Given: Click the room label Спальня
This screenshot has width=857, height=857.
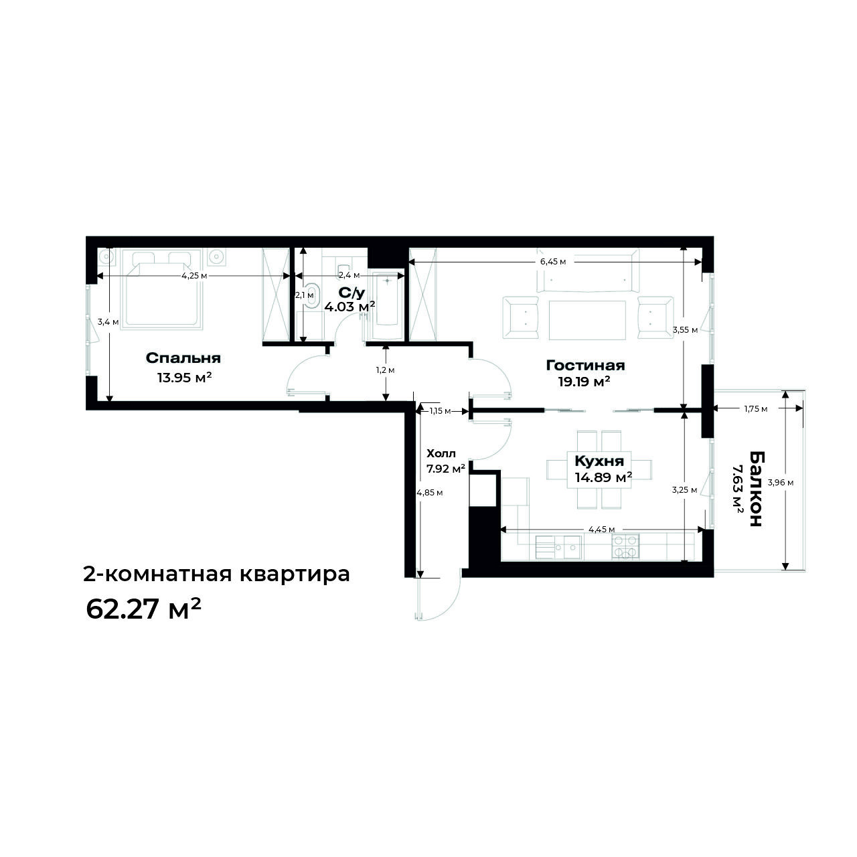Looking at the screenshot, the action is click(x=183, y=358).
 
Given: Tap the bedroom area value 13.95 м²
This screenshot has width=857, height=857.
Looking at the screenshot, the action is click(x=183, y=378).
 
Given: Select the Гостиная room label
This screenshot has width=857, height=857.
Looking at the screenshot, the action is click(x=585, y=365).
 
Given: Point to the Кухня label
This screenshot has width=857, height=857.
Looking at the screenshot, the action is click(x=599, y=461).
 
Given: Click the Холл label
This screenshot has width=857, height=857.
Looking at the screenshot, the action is click(x=441, y=454).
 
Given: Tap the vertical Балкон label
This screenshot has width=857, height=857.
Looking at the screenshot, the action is click(x=757, y=489).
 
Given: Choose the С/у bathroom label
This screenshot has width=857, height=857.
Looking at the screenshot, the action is click(x=352, y=293).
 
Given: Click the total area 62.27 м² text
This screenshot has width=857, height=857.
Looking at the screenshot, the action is click(x=143, y=609).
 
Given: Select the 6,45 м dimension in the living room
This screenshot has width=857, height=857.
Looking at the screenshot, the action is click(x=553, y=262).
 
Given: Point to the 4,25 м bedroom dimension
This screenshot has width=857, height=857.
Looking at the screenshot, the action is click(x=194, y=276).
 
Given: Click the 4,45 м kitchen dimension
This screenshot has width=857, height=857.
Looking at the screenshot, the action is click(x=602, y=529).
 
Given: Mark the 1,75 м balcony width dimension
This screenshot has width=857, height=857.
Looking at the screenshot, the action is click(x=756, y=408).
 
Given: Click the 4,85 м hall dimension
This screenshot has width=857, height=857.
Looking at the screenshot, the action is click(x=430, y=493).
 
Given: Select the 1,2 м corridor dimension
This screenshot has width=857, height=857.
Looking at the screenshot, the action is click(x=385, y=370).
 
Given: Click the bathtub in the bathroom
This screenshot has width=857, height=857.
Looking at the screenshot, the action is click(x=388, y=305).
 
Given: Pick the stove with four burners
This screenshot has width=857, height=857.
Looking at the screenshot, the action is click(x=626, y=546).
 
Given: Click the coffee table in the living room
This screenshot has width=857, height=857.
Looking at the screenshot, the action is click(x=587, y=320).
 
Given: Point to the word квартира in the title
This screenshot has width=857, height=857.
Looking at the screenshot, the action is click(x=295, y=574).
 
